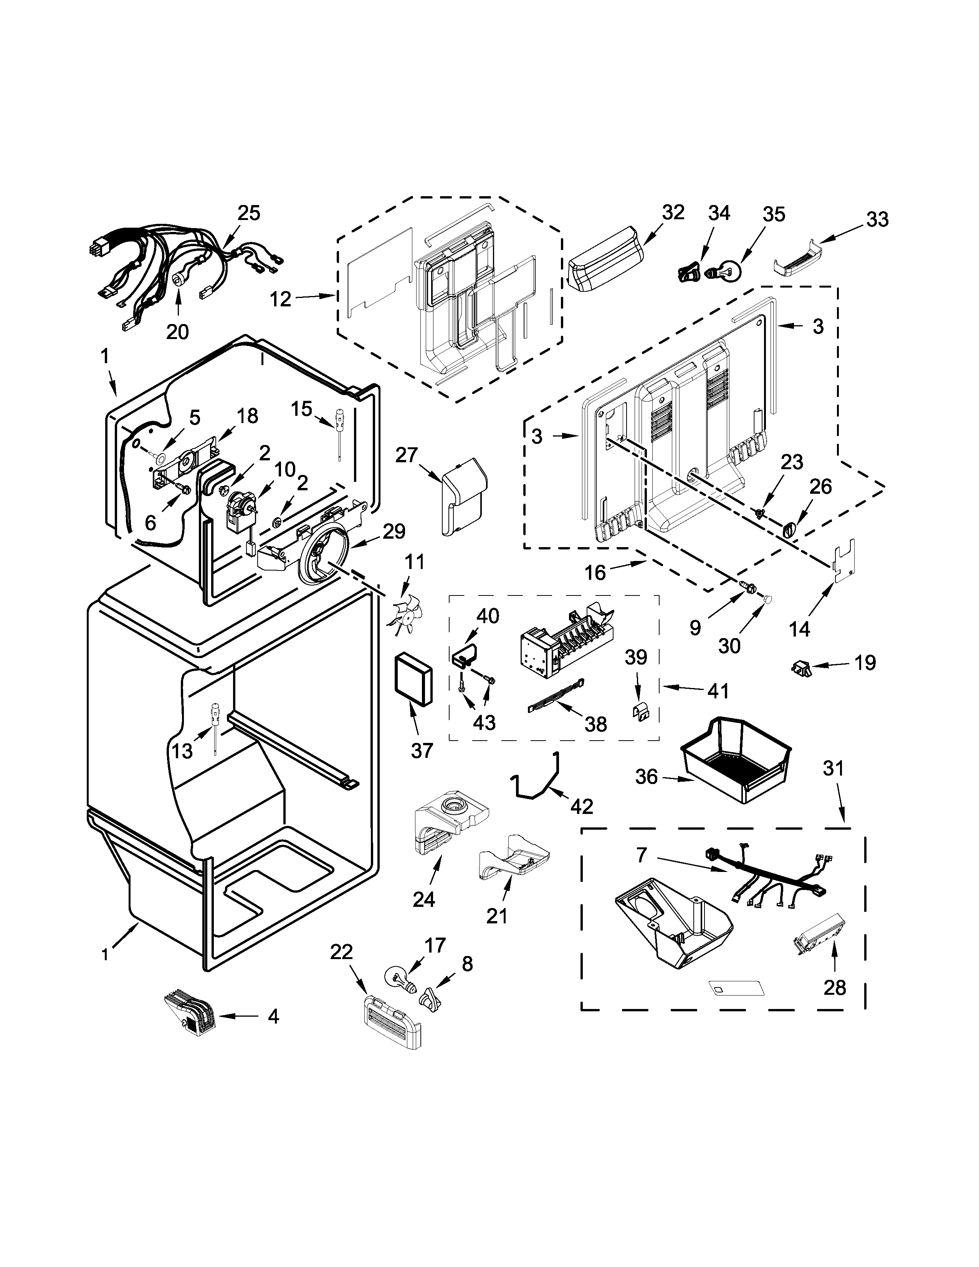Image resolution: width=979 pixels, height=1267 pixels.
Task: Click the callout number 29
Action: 394,531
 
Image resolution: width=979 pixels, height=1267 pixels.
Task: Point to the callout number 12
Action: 281,299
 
